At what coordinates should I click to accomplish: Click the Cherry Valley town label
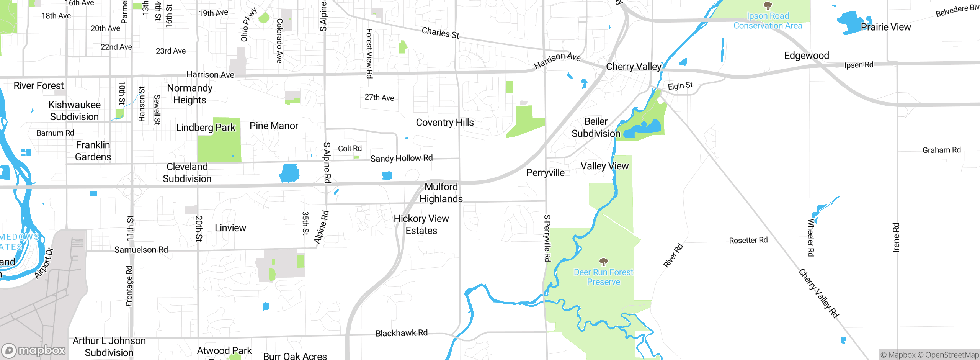click(634, 67)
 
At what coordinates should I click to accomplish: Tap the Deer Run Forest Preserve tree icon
click(604, 262)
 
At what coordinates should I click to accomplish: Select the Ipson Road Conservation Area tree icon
click(768, 6)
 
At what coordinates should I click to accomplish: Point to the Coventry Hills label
click(445, 123)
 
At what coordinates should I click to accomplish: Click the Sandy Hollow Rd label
click(402, 158)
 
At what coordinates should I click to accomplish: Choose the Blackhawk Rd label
click(402, 333)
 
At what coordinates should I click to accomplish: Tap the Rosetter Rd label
click(748, 241)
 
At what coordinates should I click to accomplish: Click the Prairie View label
click(886, 27)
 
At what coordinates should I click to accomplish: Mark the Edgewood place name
click(807, 56)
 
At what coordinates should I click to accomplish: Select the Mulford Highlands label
click(441, 193)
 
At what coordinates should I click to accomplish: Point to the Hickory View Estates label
click(421, 224)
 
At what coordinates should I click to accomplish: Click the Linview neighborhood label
click(230, 228)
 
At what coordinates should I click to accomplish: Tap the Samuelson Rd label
click(141, 250)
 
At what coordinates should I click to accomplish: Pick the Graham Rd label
click(942, 150)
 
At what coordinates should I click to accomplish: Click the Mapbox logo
click(34, 350)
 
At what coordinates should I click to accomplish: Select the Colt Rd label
click(350, 149)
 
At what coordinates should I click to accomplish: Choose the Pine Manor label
click(274, 126)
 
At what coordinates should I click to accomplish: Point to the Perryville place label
click(546, 173)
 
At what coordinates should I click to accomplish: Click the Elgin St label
click(680, 86)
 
